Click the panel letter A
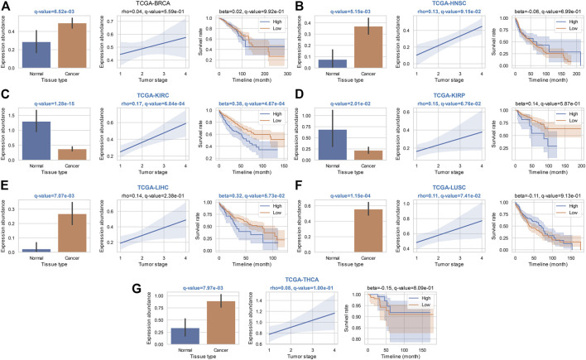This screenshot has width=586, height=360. (7, 7)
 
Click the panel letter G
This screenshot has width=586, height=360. (149, 286)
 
